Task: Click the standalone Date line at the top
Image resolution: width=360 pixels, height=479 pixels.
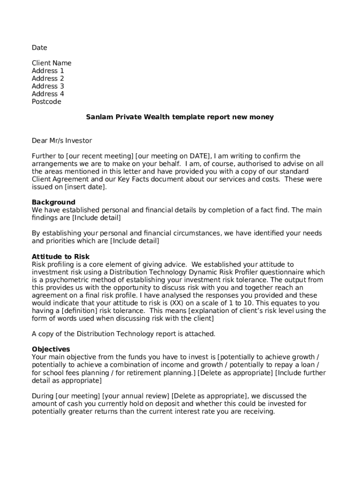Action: pos(39,48)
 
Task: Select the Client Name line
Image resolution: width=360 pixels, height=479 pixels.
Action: pos(51,63)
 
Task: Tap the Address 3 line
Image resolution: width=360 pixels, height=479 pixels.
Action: pos(48,86)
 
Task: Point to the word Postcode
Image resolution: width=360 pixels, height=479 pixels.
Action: pos(46,102)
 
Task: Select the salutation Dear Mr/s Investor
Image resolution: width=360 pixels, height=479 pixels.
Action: pos(62,140)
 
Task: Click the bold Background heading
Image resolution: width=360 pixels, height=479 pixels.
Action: pos(53,202)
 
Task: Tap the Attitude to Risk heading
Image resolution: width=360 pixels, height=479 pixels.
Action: pos(60,256)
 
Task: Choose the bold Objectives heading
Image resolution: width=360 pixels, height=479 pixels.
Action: pos(50,349)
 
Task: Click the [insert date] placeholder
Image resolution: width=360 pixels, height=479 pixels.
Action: pos(86,187)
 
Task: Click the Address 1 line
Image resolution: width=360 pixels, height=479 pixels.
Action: pos(48,71)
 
